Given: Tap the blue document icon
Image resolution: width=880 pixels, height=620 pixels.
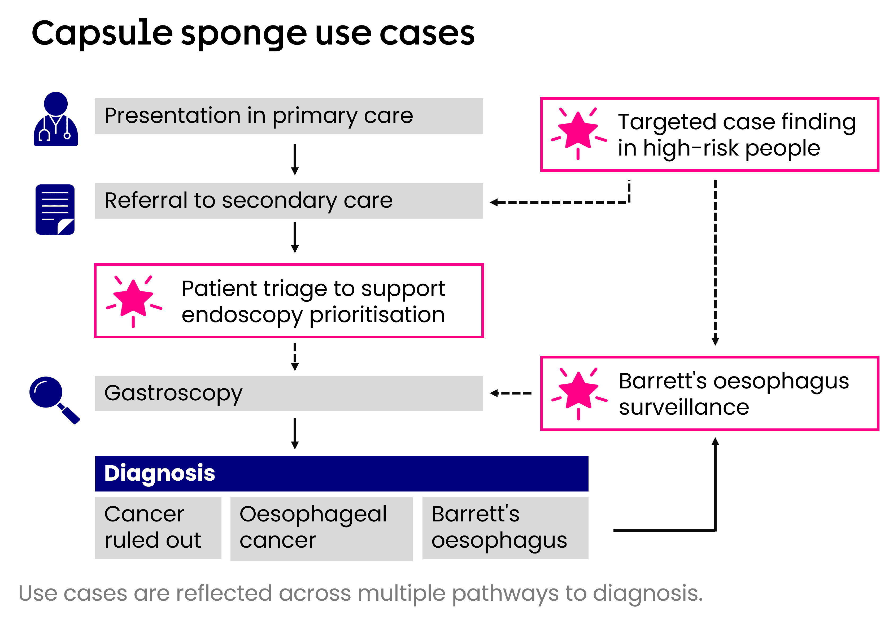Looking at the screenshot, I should (x=55, y=210).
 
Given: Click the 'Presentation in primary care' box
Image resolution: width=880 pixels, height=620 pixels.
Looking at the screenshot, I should (x=289, y=116).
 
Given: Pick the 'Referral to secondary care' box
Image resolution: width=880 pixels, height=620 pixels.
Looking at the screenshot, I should (x=289, y=201).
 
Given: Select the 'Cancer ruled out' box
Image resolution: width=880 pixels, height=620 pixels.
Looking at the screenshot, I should (x=158, y=528).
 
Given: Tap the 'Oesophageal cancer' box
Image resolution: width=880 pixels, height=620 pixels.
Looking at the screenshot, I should (x=321, y=529).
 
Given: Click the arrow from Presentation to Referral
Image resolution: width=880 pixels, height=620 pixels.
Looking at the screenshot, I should (x=295, y=159).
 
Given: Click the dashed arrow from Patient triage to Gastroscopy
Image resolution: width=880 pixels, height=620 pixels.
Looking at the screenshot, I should (x=295, y=357).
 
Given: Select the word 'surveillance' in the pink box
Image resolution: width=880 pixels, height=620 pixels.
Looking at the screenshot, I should (x=684, y=407).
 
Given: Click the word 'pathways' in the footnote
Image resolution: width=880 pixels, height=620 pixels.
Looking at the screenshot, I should (x=505, y=594).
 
